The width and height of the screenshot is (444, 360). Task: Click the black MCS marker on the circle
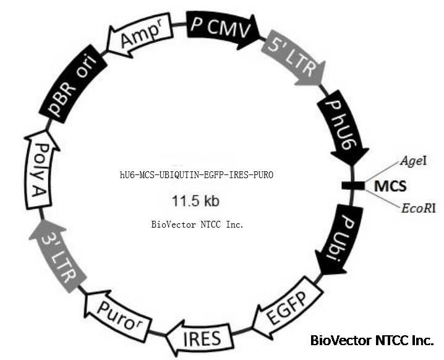pos(353,185)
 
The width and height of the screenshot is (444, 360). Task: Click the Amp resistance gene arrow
pos(142,39)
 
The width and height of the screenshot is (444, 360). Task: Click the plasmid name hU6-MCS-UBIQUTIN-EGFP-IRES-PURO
pos(196,176)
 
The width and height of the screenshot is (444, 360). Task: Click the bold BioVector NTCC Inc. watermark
pos(372,340)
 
